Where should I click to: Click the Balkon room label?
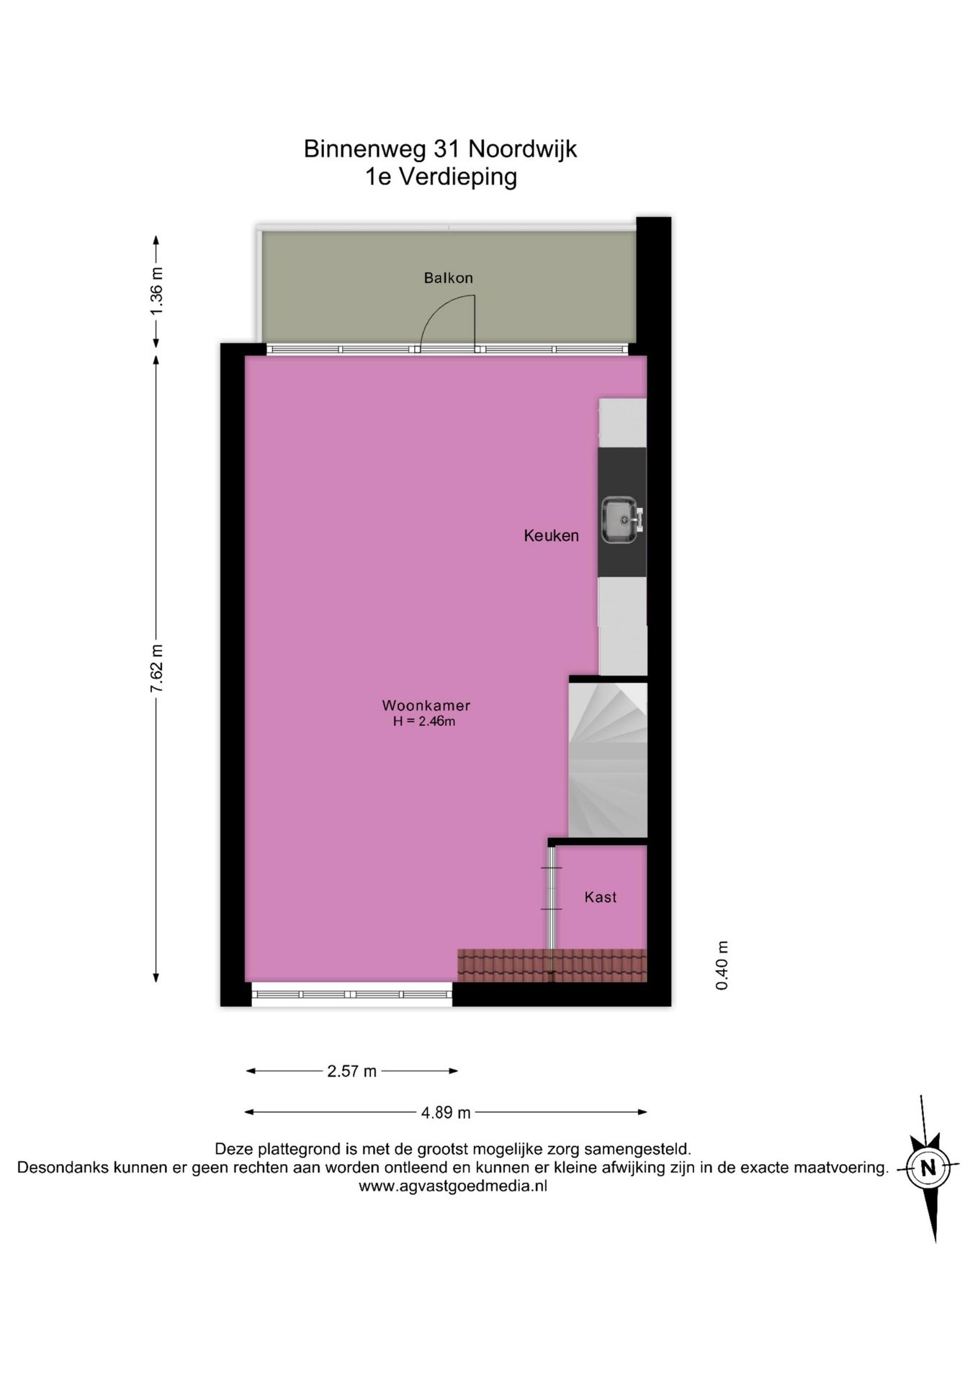[448, 278]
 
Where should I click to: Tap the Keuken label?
[551, 535]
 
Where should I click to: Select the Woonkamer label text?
[426, 706]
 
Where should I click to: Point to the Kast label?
[600, 897]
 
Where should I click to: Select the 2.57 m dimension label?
[351, 1071]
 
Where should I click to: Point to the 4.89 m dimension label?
[446, 1113]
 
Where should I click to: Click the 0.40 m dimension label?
[722, 965]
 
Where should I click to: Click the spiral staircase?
[608, 759]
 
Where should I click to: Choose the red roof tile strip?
[552, 965]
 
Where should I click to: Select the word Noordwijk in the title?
[523, 149]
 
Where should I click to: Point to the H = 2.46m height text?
[424, 721]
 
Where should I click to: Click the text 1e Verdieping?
[441, 176]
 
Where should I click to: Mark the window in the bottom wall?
[351, 994]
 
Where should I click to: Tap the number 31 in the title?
[447, 149]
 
